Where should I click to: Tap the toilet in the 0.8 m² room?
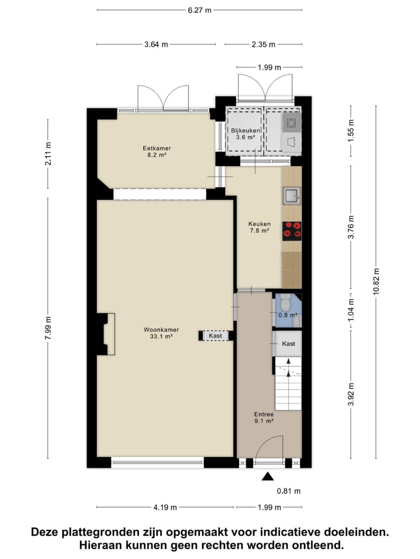[285, 305]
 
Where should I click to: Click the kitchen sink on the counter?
[291, 196]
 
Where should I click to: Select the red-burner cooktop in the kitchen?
[292, 231]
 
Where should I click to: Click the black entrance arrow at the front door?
[267, 477]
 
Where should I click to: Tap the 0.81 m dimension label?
[289, 491]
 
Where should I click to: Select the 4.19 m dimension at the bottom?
[161, 507]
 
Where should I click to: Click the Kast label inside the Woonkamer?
[215, 336]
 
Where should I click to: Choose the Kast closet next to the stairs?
[288, 344]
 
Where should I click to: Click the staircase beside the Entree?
[288, 384]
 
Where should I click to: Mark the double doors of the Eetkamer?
[163, 98]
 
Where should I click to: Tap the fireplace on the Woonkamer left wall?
[106, 334]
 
